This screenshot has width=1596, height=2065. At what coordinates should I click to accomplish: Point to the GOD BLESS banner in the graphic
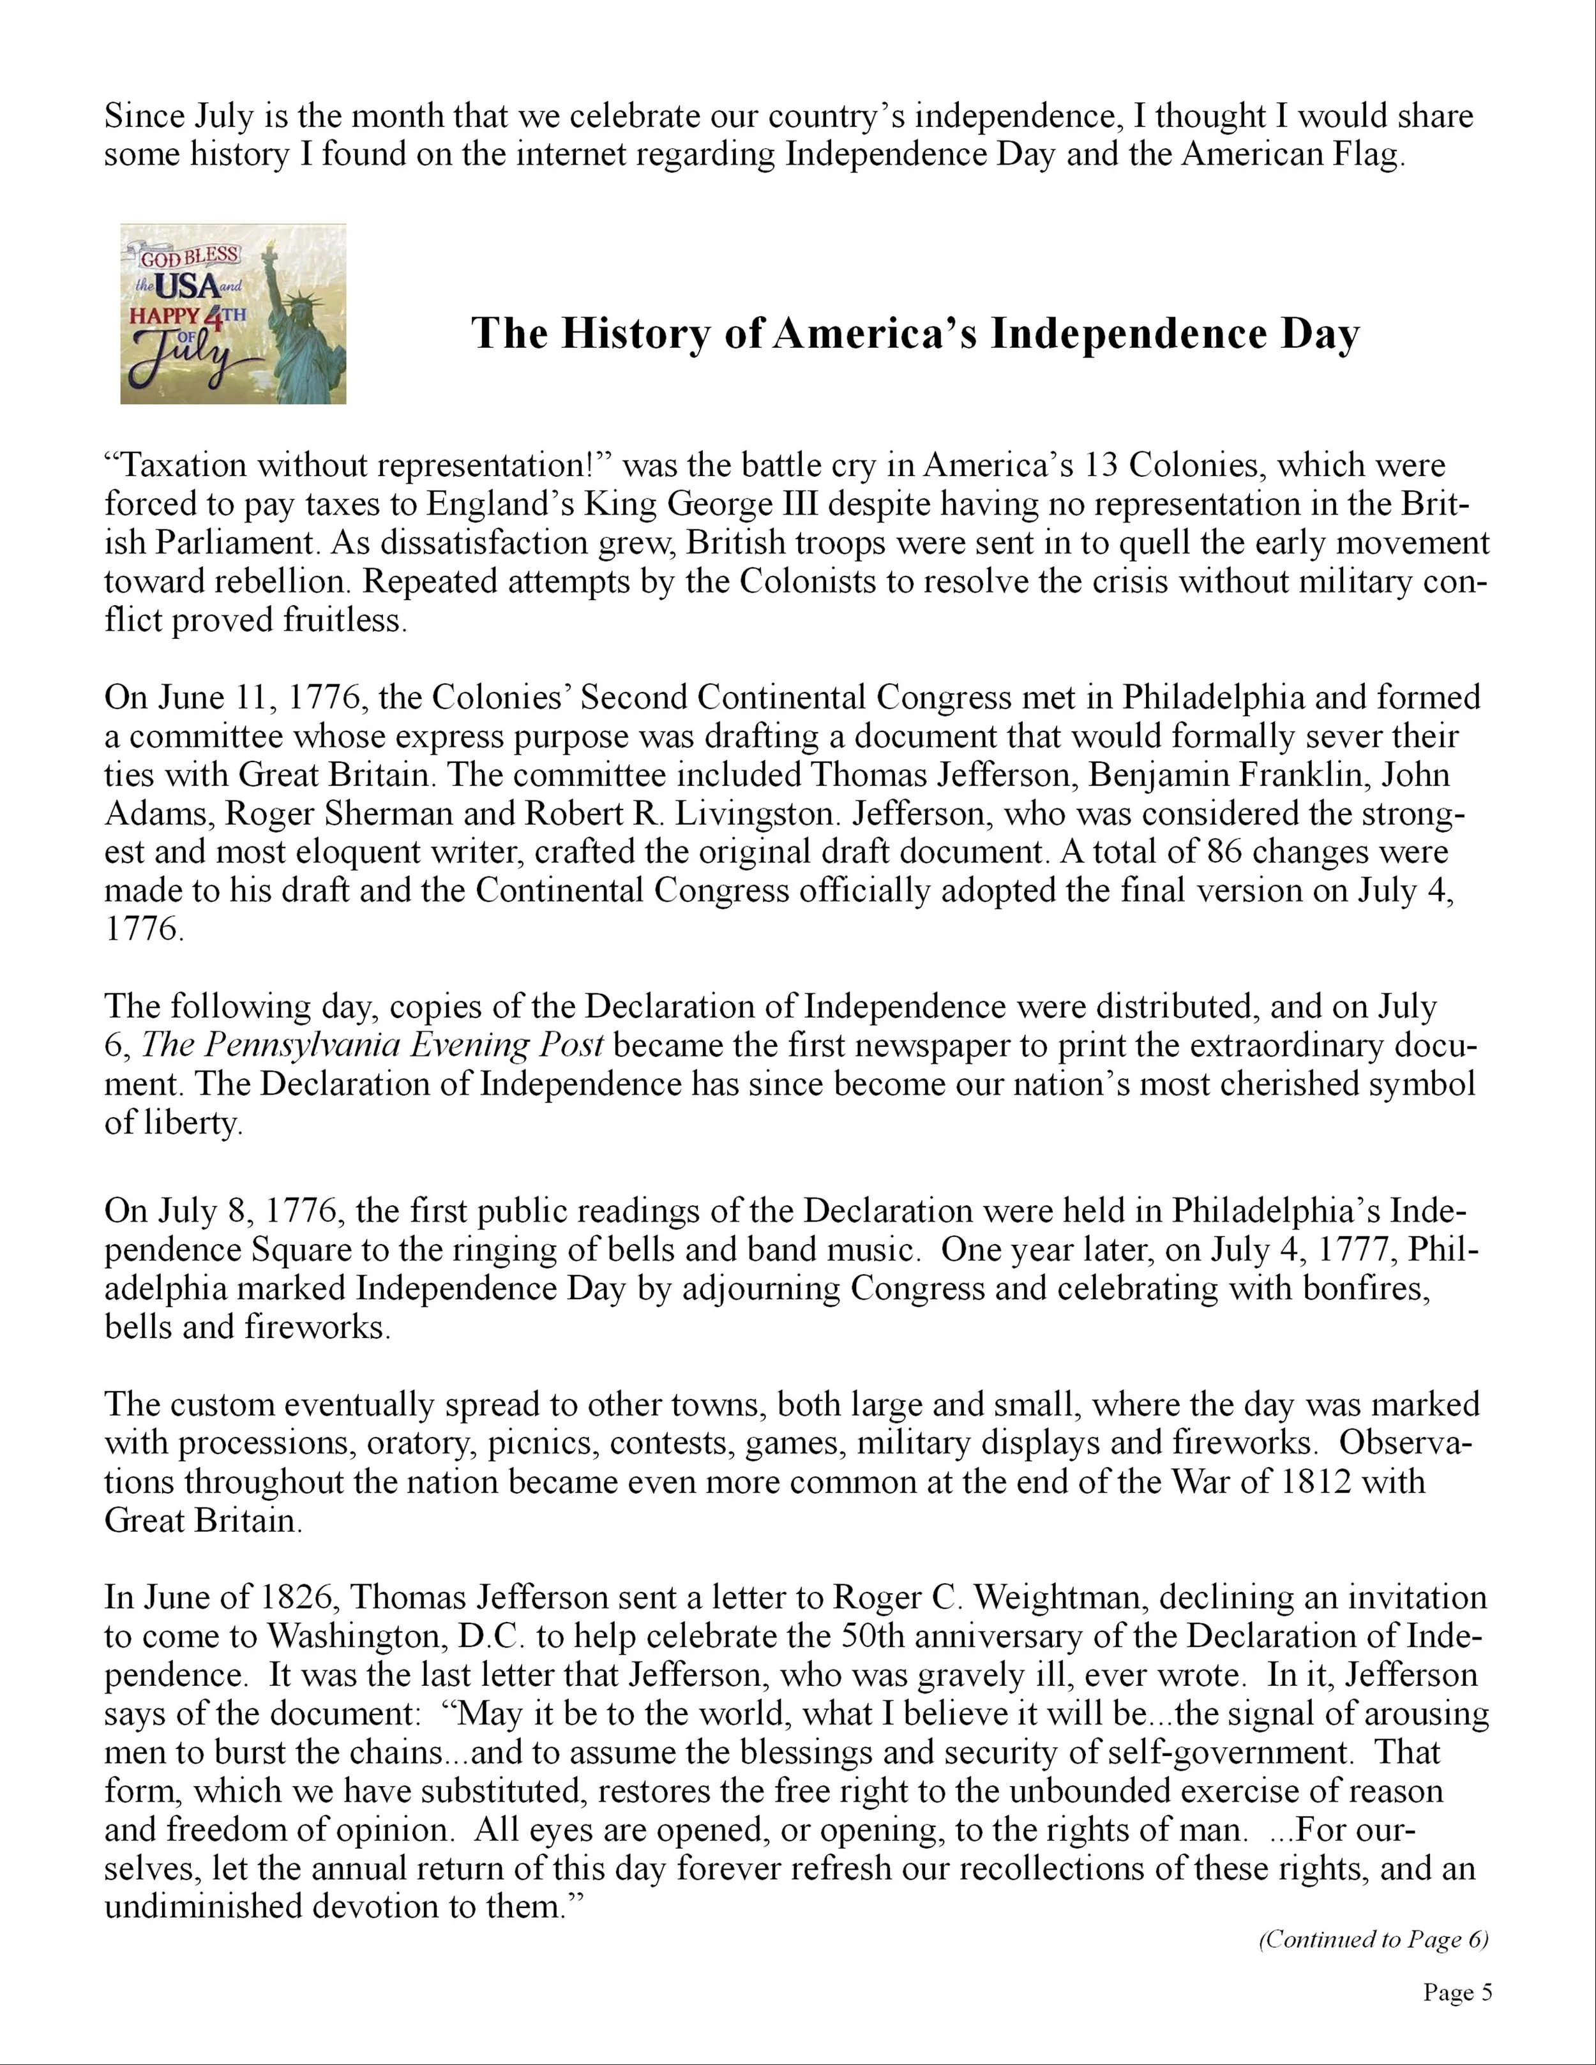189,255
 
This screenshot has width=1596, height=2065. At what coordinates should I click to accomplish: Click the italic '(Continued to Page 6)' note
1373,1940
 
